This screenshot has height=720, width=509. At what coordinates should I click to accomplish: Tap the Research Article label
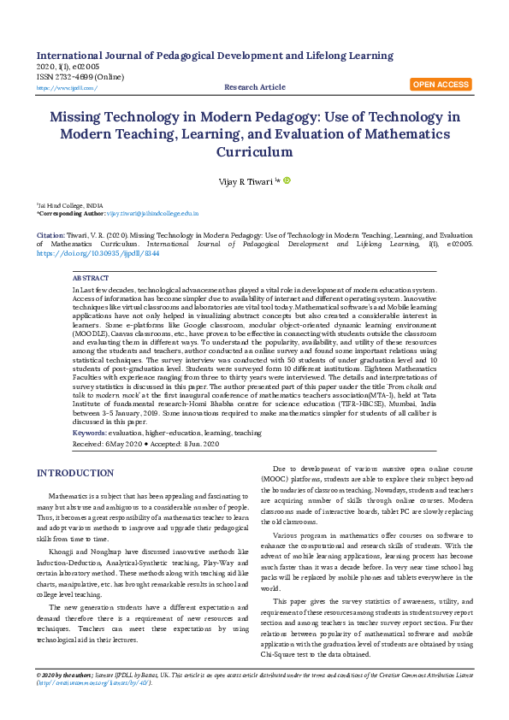coord(254,87)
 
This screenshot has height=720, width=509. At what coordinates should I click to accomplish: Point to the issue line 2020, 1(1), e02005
coord(68,67)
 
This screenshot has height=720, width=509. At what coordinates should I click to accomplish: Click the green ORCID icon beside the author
coord(287,180)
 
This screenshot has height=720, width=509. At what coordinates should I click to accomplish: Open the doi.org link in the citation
coord(86,254)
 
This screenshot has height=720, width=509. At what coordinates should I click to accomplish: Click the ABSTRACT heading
coord(91,279)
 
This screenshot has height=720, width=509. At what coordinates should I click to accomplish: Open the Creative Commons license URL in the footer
coord(93,707)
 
